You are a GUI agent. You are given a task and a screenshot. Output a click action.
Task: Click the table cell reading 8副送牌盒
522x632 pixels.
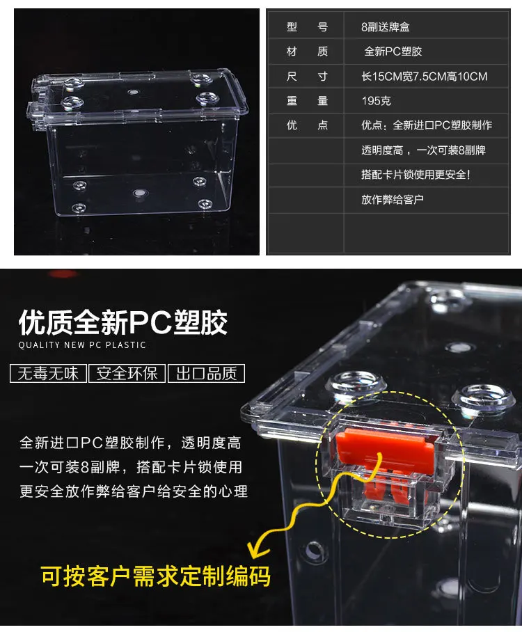pyautogui.click(x=386, y=27)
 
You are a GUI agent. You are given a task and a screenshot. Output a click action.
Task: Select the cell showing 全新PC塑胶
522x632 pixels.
pyautogui.click(x=393, y=52)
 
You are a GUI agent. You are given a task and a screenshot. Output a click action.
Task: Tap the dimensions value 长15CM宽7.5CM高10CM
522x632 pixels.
pyautogui.click(x=425, y=76)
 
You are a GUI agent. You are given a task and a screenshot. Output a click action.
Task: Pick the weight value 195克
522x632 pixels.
pyautogui.click(x=376, y=101)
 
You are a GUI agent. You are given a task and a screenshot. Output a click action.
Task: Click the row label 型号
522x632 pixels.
pyautogui.click(x=307, y=27)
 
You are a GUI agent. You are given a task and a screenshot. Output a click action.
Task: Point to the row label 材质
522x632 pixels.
pyautogui.click(x=307, y=52)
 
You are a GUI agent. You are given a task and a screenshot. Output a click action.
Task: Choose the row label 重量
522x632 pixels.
pyautogui.click(x=307, y=101)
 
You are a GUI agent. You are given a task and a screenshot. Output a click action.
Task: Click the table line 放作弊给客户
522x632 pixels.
pyautogui.click(x=393, y=199)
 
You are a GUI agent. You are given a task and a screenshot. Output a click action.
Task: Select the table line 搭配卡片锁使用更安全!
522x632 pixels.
pyautogui.click(x=416, y=175)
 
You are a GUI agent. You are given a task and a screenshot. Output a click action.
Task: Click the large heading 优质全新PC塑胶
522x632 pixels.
pyautogui.click(x=123, y=322)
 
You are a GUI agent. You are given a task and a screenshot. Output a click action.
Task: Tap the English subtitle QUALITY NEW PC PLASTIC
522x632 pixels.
pyautogui.click(x=82, y=345)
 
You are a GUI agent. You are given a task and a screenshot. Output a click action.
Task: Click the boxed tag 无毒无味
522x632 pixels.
pyautogui.click(x=48, y=373)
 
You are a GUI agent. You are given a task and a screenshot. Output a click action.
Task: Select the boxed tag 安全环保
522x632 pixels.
pyautogui.click(x=127, y=373)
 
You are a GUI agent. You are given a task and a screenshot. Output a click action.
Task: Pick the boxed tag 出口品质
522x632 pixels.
pyautogui.click(x=207, y=373)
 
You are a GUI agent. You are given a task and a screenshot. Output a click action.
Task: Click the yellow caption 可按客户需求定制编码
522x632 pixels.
pyautogui.click(x=156, y=576)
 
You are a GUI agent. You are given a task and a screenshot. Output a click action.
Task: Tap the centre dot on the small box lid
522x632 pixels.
pyautogui.click(x=134, y=93)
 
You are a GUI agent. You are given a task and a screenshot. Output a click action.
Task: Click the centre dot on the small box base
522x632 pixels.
pyautogui.click(x=139, y=193)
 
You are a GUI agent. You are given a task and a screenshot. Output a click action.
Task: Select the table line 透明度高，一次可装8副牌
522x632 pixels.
pyautogui.click(x=423, y=150)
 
